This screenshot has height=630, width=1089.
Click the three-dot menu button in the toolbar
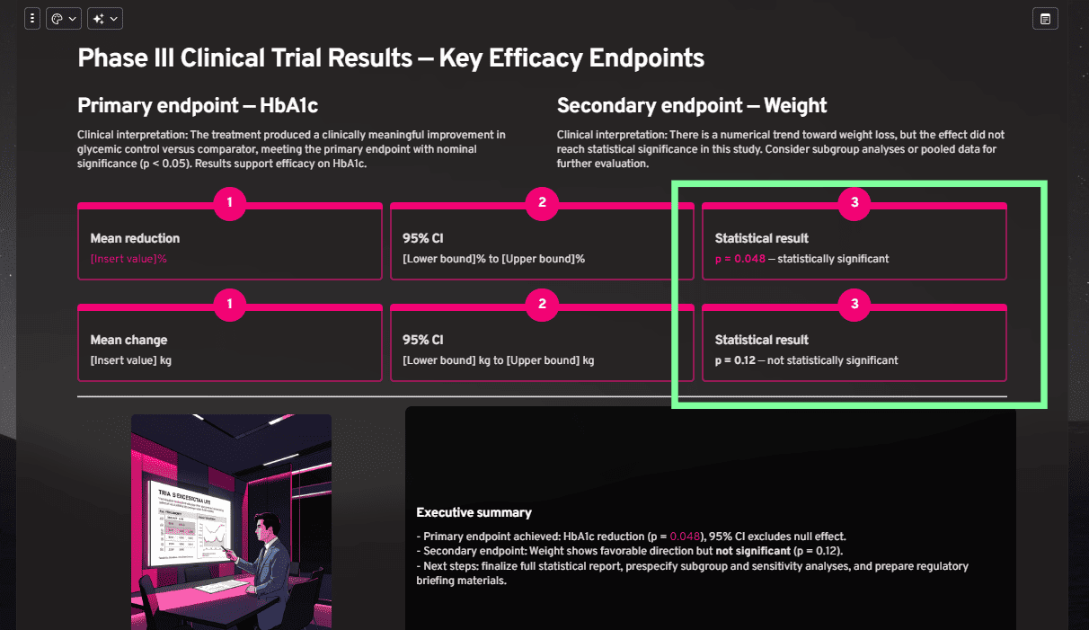[32, 18]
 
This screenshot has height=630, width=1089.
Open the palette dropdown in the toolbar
[64, 18]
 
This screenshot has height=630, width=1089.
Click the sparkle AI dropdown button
[104, 18]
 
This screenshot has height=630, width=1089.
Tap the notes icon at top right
[1045, 18]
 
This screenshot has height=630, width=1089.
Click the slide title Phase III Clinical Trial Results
[391, 58]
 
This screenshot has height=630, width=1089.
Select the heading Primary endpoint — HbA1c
[198, 105]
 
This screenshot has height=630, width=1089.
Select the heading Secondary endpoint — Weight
[692, 105]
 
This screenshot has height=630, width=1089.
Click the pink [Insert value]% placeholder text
[129, 259]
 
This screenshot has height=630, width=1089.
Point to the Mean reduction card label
[135, 238]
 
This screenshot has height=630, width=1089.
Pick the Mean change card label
[128, 340]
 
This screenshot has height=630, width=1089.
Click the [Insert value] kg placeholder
[131, 360]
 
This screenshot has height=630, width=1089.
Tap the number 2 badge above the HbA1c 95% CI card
[542, 203]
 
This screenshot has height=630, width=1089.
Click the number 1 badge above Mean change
[230, 305]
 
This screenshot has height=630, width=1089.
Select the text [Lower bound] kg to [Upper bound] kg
[499, 360]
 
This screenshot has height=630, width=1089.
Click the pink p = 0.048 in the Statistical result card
[739, 259]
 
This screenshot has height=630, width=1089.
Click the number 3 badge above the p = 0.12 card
[854, 305]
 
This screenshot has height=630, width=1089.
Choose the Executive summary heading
[474, 512]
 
